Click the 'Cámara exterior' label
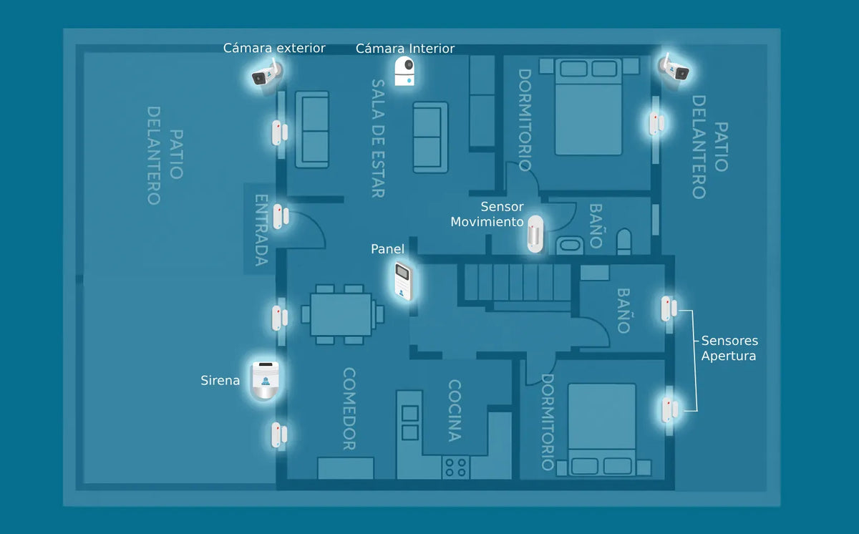point(274,48)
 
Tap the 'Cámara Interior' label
point(405,48)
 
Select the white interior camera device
point(404,71)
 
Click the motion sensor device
point(535,234)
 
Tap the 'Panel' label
point(387,249)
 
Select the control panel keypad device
point(404,281)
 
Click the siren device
point(264,380)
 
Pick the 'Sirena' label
point(220,380)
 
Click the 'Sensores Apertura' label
point(729,348)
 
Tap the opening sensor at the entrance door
point(281,217)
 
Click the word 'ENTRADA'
point(261,230)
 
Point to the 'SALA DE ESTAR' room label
point(378,138)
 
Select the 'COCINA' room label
point(455,411)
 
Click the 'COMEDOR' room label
point(349,409)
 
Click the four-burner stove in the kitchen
point(455,467)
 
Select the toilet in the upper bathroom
point(624,241)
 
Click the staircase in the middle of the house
point(518,283)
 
